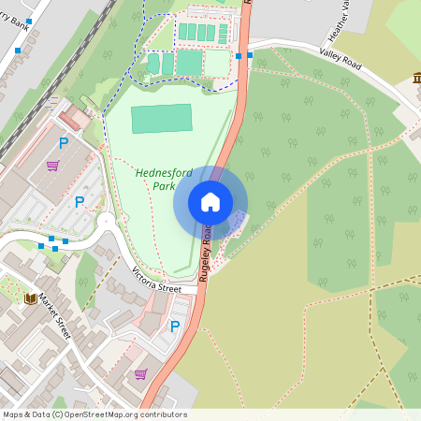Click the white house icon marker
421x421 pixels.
tap(210, 202)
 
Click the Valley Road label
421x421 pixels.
tap(339, 59)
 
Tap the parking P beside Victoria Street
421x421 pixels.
tap(174, 327)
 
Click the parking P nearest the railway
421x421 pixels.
tap(64, 143)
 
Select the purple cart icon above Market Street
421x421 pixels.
tap(53, 166)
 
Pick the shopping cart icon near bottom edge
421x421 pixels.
tap(140, 373)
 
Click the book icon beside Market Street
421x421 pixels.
tap(30, 298)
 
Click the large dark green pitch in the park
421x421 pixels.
tap(161, 119)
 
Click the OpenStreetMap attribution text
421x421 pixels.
tap(94, 414)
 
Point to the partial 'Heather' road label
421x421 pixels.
tap(344, 15)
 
